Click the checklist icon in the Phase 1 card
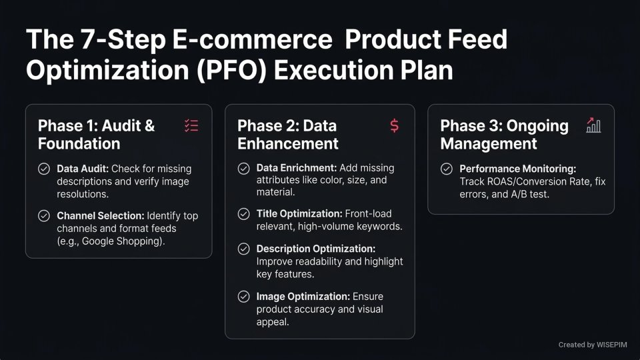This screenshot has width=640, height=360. point(191,125)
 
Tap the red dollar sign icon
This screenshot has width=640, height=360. point(394,125)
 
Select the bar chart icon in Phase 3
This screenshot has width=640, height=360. point(593,125)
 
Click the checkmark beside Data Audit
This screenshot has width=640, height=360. point(44,169)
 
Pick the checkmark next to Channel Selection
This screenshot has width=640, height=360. point(44,216)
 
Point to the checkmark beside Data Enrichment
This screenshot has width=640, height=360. point(244,168)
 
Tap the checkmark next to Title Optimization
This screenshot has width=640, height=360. point(244,214)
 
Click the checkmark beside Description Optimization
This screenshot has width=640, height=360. point(244,249)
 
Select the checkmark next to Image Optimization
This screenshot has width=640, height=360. point(244,297)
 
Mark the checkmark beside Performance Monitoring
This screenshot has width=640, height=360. point(447,169)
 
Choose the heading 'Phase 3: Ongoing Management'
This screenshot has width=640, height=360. point(504,135)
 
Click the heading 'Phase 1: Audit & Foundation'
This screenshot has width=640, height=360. point(96,135)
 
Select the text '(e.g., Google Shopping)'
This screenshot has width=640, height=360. point(109,241)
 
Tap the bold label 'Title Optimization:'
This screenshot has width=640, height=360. point(299,214)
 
